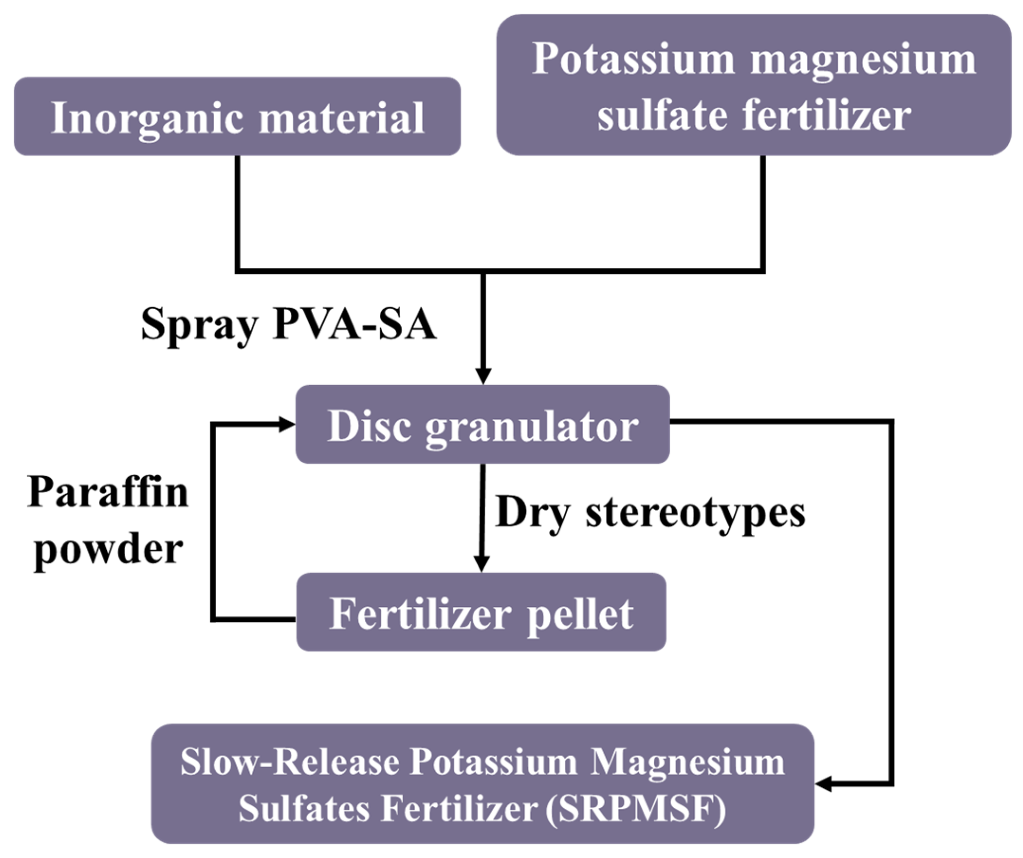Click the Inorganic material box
(x=237, y=116)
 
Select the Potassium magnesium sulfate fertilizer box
(x=754, y=85)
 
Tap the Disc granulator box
(x=482, y=424)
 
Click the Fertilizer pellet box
(x=481, y=612)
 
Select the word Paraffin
(x=108, y=492)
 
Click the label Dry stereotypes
(x=650, y=512)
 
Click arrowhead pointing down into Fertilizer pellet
(x=481, y=564)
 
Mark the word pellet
(x=580, y=615)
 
